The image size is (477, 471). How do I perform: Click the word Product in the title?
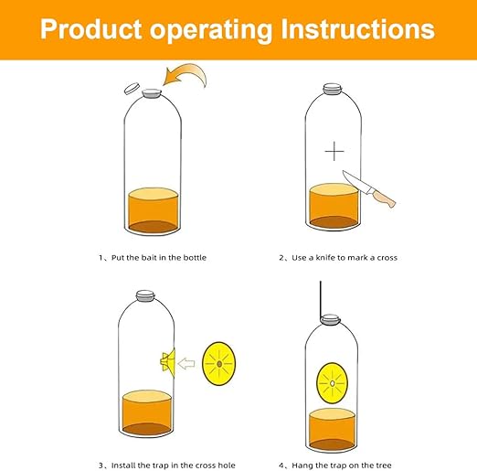click(90, 29)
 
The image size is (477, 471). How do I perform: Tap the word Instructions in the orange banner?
click(357, 29)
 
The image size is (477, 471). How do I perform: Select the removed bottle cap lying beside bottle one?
click(132, 88)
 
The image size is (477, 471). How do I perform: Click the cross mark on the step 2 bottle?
click(334, 151)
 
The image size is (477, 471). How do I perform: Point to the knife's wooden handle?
click(384, 198)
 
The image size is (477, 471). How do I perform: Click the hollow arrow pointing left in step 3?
click(186, 363)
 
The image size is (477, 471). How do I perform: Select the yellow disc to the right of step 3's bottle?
click(219, 363)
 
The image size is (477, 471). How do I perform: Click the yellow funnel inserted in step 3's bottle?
click(168, 362)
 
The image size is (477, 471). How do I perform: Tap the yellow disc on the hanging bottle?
click(332, 383)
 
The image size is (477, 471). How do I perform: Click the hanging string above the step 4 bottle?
click(321, 300)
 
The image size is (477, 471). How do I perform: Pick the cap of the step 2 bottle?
click(333, 89)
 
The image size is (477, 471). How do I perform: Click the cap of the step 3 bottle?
click(145, 295)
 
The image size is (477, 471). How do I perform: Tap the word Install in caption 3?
click(123, 466)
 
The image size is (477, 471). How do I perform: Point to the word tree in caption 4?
click(384, 466)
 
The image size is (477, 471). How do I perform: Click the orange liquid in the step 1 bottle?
click(153, 210)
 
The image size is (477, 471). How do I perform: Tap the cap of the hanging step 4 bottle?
click(330, 320)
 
